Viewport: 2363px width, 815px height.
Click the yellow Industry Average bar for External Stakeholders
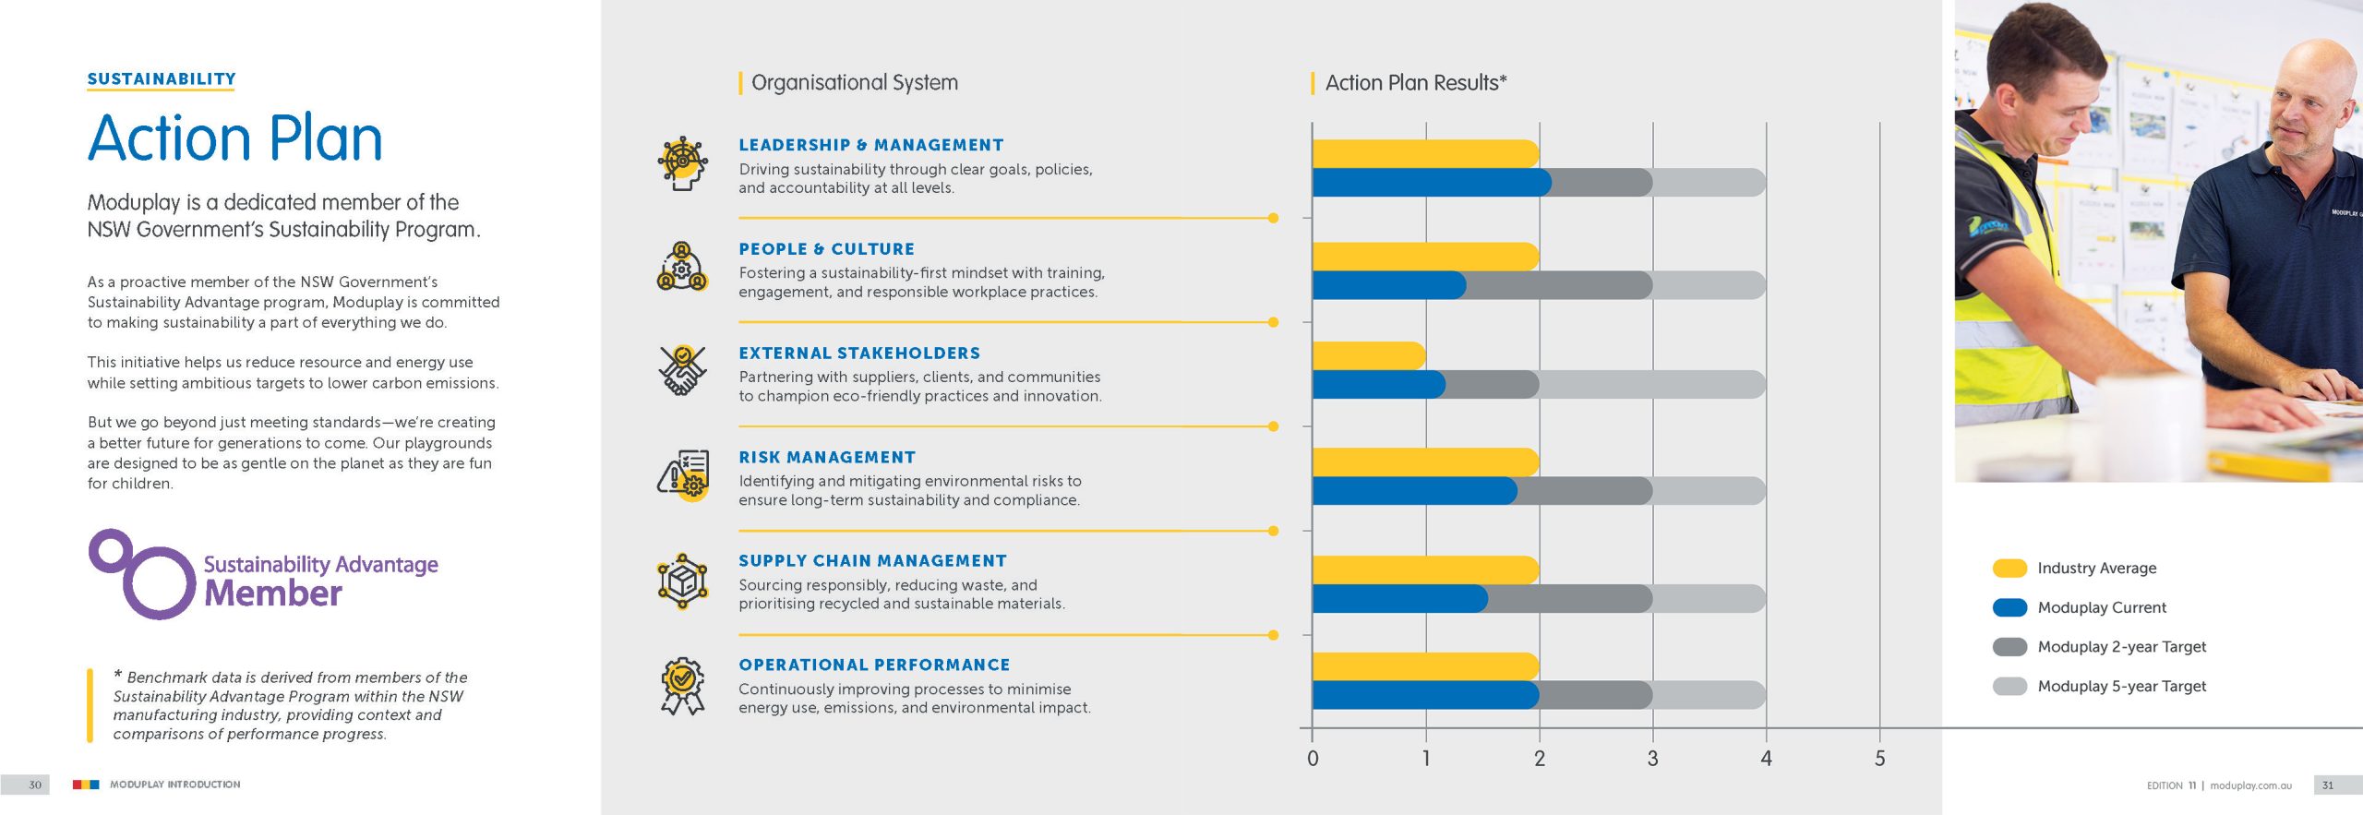pyautogui.click(x=1368, y=355)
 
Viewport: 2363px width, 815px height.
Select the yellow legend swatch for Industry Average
pyautogui.click(x=2009, y=569)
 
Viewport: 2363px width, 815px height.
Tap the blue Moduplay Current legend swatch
pyautogui.click(x=2009, y=607)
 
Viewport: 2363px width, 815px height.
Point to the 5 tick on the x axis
pyautogui.click(x=1879, y=759)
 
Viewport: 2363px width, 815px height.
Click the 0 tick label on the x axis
pyautogui.click(x=1313, y=759)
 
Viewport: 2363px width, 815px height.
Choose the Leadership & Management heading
pyautogui.click(x=870, y=145)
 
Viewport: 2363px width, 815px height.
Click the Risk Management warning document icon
pyautogui.click(x=683, y=475)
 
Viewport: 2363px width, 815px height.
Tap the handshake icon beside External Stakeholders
pyautogui.click(x=682, y=371)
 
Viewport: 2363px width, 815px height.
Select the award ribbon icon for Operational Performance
pyautogui.click(x=682, y=686)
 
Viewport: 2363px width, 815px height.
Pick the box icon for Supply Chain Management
pyautogui.click(x=682, y=581)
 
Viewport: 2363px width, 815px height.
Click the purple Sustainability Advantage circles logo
pyautogui.click(x=144, y=573)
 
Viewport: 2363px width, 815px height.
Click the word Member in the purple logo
pyautogui.click(x=273, y=593)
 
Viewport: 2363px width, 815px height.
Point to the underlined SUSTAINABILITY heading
pyautogui.click(x=162, y=79)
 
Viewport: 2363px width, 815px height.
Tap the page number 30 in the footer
pyautogui.click(x=35, y=785)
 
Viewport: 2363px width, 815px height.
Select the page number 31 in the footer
pyautogui.click(x=2327, y=785)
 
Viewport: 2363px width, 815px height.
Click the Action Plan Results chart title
pyautogui.click(x=1415, y=83)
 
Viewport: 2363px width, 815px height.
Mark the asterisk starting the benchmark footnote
pyautogui.click(x=118, y=676)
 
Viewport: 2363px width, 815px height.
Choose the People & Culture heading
pyautogui.click(x=826, y=249)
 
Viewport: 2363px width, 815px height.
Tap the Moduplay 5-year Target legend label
pyautogui.click(x=2121, y=686)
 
